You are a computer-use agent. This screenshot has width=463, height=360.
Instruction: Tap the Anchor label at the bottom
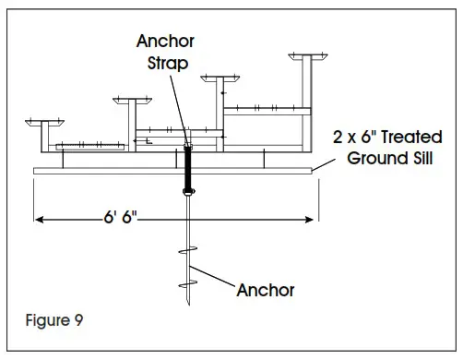(x=266, y=290)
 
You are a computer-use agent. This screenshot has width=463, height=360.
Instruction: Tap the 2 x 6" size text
(x=354, y=138)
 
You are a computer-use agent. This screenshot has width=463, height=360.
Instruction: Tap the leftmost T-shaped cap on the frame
(x=42, y=122)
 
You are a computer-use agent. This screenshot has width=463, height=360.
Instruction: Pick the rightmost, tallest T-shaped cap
(x=306, y=57)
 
